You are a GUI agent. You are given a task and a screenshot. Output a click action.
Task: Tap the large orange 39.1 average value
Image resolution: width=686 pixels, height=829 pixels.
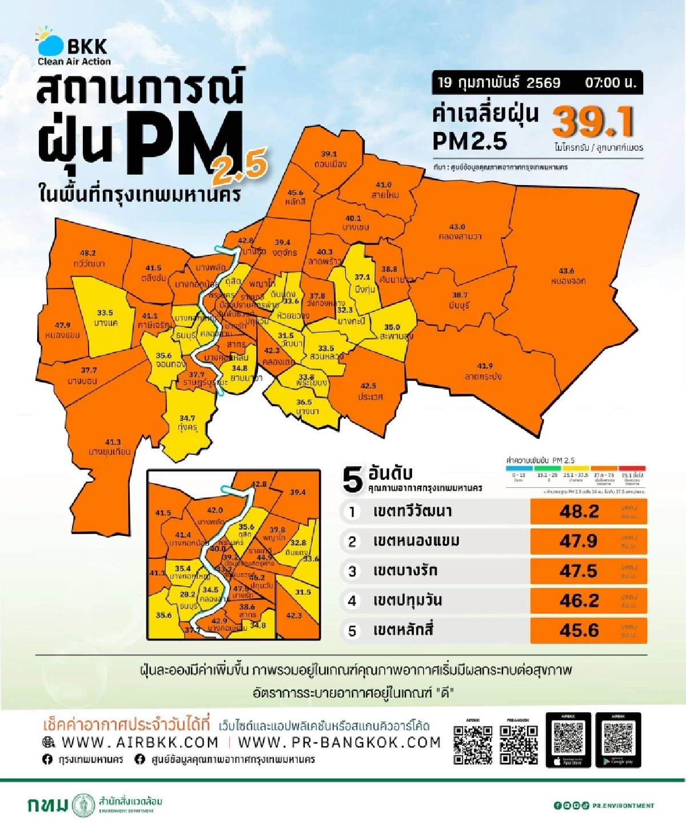(593, 122)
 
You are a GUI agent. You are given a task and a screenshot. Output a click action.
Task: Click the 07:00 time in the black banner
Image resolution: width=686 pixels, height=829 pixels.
(610, 83)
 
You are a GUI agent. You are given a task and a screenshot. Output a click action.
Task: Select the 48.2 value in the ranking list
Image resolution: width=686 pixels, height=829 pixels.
(579, 511)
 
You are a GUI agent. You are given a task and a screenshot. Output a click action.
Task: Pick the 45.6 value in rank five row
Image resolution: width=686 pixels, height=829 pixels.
(579, 630)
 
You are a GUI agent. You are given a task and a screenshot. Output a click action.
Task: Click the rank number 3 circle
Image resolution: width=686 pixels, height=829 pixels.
(352, 571)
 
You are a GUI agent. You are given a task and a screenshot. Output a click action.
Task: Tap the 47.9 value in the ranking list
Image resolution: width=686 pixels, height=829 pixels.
(579, 541)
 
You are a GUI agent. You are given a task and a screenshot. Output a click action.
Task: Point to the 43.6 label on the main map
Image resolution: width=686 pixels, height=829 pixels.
(566, 271)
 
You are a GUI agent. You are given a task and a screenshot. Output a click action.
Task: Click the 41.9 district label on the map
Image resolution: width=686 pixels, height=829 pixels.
(484, 366)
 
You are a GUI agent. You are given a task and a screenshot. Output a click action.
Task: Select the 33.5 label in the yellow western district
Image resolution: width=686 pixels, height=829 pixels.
(105, 313)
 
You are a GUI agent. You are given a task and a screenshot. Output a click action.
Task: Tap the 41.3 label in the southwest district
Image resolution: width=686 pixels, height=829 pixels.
(113, 442)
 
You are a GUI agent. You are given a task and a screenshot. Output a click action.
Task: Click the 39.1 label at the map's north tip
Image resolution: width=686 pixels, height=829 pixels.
(329, 154)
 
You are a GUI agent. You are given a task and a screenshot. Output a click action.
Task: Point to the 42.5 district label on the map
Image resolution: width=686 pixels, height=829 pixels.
(368, 386)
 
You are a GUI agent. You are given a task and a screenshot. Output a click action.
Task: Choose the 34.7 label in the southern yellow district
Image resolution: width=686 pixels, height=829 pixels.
(187, 418)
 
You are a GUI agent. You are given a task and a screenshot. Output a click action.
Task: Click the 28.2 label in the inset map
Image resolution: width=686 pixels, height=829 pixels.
(188, 595)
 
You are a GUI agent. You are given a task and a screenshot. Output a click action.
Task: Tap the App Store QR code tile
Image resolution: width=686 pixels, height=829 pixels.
(568, 740)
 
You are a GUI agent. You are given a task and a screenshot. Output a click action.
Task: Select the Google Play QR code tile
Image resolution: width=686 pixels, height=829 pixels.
(618, 740)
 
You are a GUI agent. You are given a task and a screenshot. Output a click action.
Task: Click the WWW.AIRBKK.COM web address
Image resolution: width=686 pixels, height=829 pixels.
(139, 742)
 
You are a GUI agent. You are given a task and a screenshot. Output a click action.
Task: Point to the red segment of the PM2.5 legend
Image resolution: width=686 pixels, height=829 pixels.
(632, 468)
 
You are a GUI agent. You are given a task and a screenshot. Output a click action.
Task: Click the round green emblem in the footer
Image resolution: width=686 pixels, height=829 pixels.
(84, 805)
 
